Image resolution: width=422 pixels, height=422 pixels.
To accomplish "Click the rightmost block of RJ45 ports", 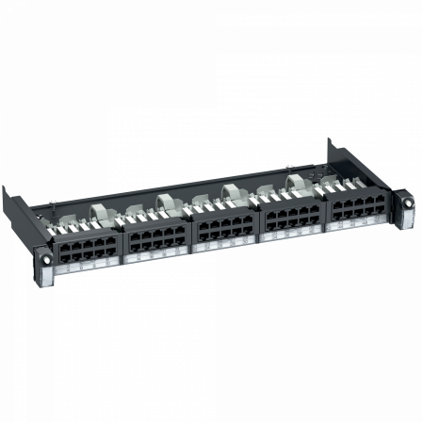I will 356,208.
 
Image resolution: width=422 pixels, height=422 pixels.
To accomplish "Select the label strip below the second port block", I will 156,256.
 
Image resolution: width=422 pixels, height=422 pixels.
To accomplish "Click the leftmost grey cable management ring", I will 100,214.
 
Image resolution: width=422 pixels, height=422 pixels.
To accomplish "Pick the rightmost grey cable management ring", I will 297,182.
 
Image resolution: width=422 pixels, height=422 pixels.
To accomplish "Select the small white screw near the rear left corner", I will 57,202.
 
